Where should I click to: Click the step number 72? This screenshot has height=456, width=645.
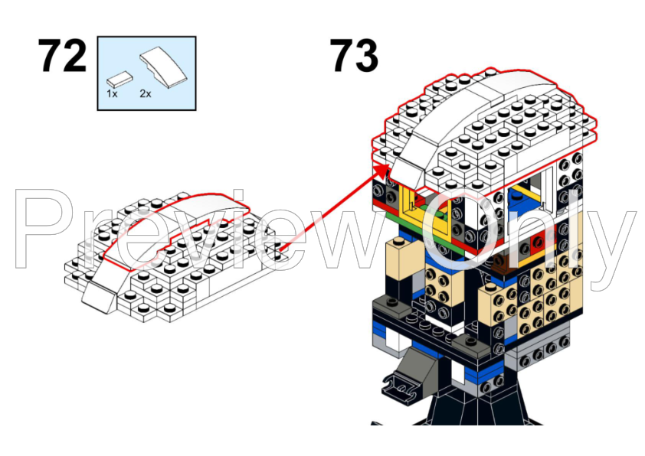[63, 57]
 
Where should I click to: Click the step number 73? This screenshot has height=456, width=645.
[354, 57]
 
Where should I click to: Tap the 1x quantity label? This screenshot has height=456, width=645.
[113, 93]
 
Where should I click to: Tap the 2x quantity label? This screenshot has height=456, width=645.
[145, 93]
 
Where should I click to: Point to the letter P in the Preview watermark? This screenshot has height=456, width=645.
[50, 230]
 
